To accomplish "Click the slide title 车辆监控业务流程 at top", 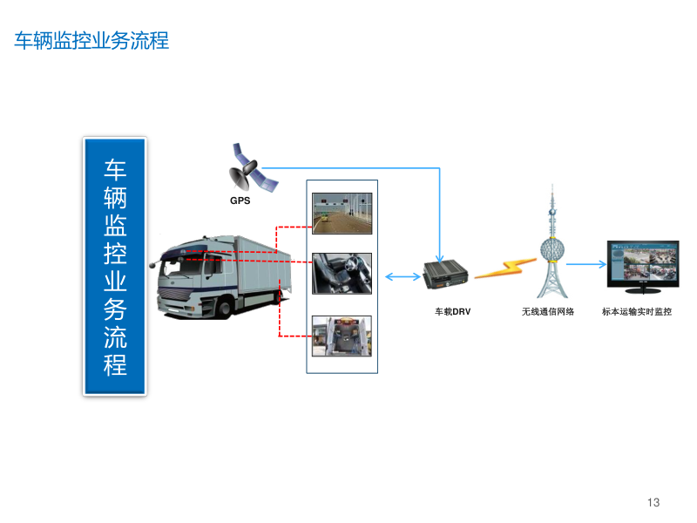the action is (91, 41).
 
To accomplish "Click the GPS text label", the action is (240, 200).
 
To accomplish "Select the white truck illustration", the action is (222, 275).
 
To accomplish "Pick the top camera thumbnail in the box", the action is (342, 214).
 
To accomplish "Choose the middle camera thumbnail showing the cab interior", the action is (342, 274).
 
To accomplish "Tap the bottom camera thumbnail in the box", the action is (342, 336).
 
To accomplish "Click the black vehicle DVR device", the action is (446, 275).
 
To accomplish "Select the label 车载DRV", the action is (453, 311).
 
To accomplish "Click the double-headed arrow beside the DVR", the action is (402, 277).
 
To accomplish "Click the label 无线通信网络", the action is (548, 311).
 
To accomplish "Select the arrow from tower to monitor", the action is (585, 264).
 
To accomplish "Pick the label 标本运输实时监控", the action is (637, 311).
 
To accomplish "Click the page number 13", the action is (653, 502).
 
